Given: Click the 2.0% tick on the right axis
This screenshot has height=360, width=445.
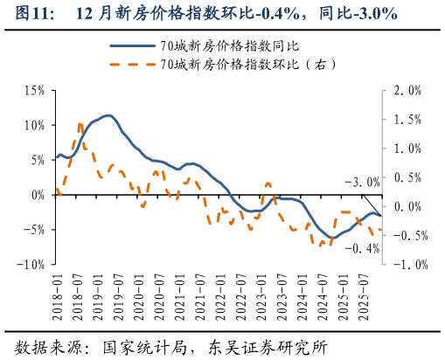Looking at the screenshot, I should coord(408,91).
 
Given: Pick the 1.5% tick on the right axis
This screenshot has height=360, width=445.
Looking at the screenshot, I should coord(408,120).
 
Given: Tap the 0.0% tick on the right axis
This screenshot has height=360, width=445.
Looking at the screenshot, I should coord(408,206).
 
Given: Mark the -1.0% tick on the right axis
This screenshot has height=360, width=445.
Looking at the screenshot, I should coord(407,264).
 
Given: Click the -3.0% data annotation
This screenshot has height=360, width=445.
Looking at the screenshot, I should coord(361,183).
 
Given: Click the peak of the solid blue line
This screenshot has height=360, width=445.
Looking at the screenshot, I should coord(108,114).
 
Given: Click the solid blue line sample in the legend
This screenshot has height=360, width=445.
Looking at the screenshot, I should coord(128,45).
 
